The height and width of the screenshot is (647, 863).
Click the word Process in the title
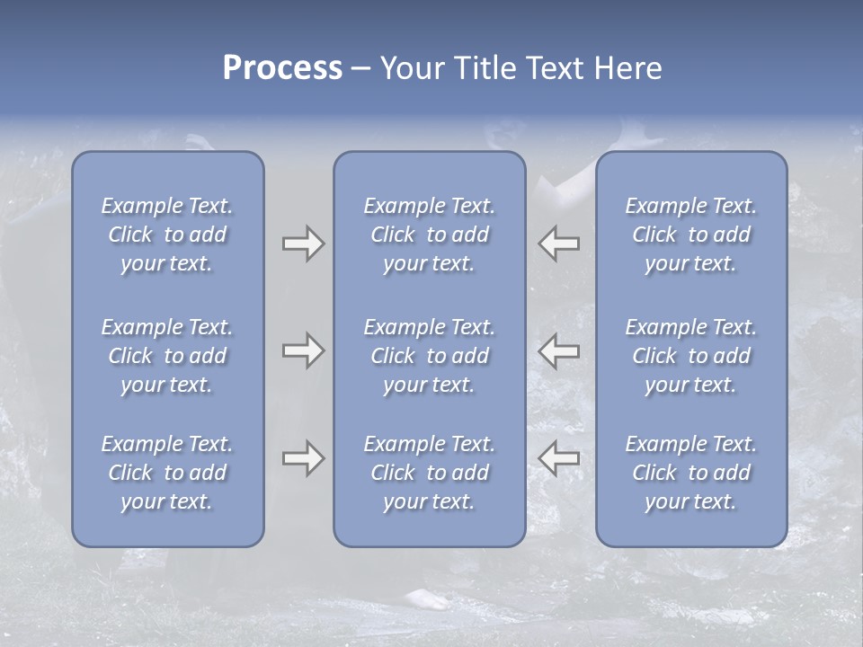[282, 68]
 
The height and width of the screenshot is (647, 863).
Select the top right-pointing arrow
[303, 244]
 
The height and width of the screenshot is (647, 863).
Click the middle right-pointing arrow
[303, 350]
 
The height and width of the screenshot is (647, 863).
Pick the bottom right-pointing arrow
[303, 458]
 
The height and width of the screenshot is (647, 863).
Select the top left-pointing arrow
[559, 244]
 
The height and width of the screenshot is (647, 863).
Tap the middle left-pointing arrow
[559, 350]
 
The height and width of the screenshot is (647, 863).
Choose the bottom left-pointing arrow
[559, 458]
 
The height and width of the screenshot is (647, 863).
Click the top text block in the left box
[167, 235]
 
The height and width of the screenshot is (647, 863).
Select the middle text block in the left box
[167, 356]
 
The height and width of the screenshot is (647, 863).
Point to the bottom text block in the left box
[167, 473]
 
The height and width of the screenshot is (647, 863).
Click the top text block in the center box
[429, 235]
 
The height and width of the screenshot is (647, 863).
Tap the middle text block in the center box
[429, 356]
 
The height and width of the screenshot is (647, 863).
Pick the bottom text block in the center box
[429, 473]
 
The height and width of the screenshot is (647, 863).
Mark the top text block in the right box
[690, 235]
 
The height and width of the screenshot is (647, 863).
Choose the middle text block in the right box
[690, 356]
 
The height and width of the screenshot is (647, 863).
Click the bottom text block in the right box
[690, 473]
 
